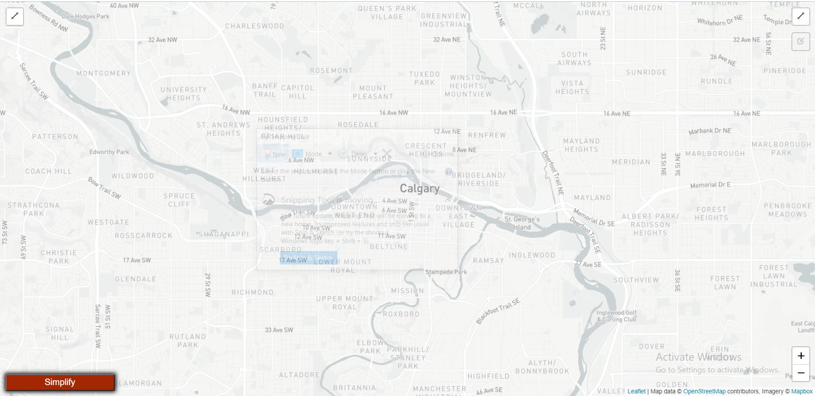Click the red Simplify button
tap(60, 382)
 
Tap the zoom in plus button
tap(801, 356)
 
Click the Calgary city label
tap(419, 188)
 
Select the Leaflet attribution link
tap(636, 391)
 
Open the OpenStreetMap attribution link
tap(704, 391)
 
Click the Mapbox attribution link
tap(802, 391)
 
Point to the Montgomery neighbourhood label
tap(103, 73)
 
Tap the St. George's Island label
tap(522, 223)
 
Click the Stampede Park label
tap(446, 272)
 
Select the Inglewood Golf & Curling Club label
tap(616, 316)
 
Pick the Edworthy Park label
tap(109, 152)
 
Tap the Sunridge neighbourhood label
tap(646, 72)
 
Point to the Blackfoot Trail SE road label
tap(498, 311)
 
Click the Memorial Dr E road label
tap(710, 185)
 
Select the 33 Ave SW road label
tap(279, 330)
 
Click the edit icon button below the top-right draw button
tap(801, 41)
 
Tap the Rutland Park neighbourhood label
tap(188, 341)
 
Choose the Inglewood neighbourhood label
tap(532, 255)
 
